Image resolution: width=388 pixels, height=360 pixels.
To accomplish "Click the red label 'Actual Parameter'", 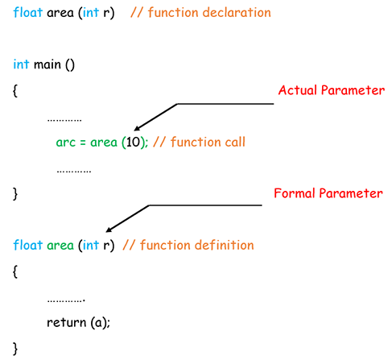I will click(x=331, y=90).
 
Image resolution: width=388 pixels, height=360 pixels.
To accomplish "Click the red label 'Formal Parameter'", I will click(x=328, y=193).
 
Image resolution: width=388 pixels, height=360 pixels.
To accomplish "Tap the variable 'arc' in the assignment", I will click(x=65, y=142).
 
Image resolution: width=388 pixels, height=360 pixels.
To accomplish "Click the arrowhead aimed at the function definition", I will click(x=109, y=229).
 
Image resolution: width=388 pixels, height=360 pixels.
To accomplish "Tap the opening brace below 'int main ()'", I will click(x=16, y=91).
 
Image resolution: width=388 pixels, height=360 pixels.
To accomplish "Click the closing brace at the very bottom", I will click(x=16, y=348).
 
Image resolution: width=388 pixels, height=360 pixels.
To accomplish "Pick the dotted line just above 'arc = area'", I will click(x=64, y=119).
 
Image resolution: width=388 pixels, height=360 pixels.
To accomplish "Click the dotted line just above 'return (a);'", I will click(x=67, y=299).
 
